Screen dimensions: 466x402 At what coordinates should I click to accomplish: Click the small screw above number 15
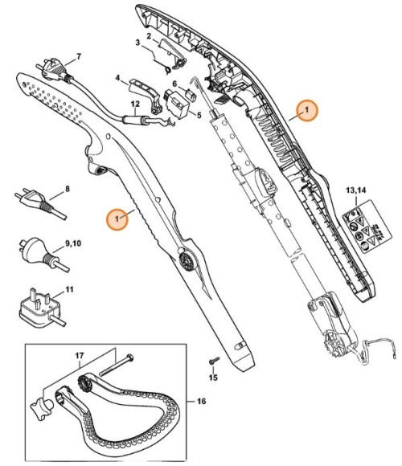click(x=213, y=361)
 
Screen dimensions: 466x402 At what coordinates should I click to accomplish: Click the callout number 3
click(x=137, y=42)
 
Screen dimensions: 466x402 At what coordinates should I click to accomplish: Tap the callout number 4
click(x=117, y=79)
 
